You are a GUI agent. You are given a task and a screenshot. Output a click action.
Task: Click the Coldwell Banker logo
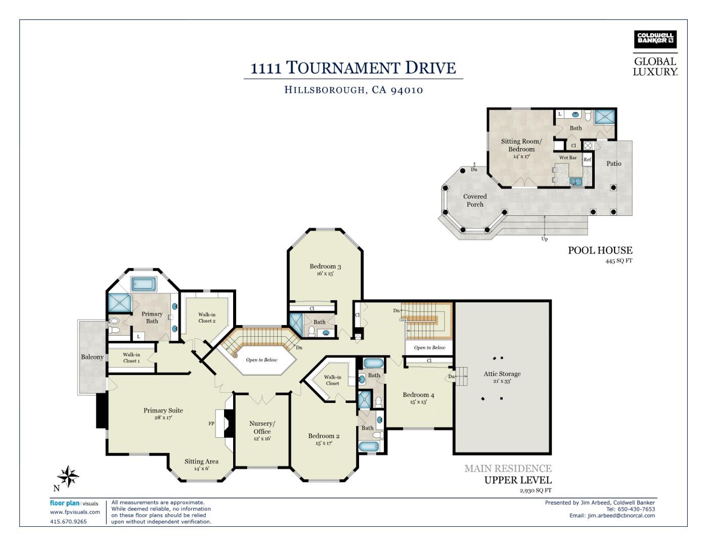click(x=655, y=39)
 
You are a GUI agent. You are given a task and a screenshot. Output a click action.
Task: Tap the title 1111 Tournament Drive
click(x=353, y=68)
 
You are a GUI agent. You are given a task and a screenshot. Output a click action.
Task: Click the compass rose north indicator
click(x=68, y=477)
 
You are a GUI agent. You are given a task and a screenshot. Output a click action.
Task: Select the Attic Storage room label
click(x=502, y=374)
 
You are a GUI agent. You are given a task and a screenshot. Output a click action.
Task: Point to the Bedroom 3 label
click(x=325, y=266)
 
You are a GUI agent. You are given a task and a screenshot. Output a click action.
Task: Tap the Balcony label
click(x=92, y=357)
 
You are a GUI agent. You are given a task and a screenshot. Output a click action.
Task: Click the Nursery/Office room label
click(x=262, y=428)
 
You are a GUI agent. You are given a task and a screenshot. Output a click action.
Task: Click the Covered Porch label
click(x=475, y=200)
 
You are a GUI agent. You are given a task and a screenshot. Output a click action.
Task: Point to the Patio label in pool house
click(x=613, y=164)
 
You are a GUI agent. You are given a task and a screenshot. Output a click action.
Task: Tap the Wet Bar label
click(x=567, y=158)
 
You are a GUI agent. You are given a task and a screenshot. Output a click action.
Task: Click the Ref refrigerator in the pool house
click(x=587, y=160)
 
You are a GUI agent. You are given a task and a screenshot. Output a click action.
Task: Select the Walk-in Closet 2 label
click(x=207, y=317)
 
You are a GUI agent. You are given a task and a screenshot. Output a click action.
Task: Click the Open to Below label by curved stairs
click(x=261, y=360)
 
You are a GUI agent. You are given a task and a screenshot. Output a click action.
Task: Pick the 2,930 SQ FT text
click(x=535, y=490)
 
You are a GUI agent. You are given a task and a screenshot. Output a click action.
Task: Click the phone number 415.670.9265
click(x=68, y=521)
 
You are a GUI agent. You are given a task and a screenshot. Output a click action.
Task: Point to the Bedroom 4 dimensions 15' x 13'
click(x=418, y=402)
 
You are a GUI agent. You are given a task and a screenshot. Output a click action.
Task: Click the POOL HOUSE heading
click(x=600, y=250)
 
